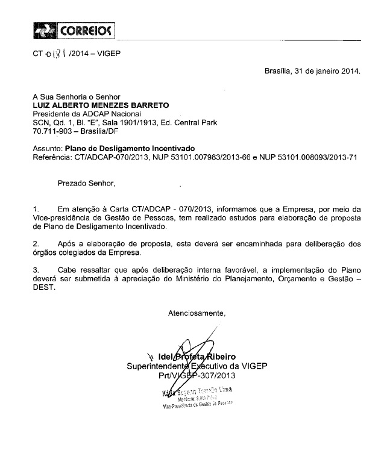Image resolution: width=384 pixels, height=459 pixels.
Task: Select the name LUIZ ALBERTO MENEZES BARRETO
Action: pos(101,105)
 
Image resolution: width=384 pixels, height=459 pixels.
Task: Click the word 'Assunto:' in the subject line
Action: pos(48,148)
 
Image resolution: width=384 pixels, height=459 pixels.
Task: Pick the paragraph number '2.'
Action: pos(36,243)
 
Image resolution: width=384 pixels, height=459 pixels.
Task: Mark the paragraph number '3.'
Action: pos(36,269)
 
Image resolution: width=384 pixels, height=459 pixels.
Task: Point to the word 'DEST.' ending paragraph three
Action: pos(43,287)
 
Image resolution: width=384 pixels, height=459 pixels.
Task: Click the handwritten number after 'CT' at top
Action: pos(55,54)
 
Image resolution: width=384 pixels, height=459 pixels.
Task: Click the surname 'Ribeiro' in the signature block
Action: pos(221,357)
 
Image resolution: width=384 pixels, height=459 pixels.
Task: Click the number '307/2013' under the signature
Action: pos(215,376)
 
